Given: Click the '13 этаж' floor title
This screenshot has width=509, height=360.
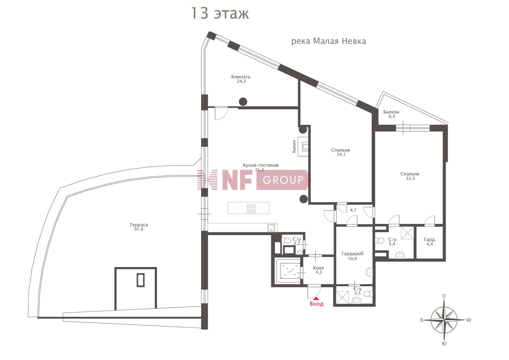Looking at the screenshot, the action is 220,14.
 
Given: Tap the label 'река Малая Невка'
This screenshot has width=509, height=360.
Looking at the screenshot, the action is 328,41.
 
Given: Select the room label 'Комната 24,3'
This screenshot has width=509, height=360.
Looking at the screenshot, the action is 241,79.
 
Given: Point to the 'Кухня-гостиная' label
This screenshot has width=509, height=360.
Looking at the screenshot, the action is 261,165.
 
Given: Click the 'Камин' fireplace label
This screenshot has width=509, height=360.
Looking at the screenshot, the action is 294,146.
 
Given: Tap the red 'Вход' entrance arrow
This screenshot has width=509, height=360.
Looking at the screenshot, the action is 316,299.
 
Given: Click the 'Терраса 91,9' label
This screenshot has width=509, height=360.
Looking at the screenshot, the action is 139,227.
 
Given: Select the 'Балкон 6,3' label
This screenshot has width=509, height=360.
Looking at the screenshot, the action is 391,114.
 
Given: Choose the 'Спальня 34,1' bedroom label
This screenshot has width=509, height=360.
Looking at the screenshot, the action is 341,152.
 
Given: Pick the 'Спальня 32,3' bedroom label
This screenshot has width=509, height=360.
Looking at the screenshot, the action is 410,176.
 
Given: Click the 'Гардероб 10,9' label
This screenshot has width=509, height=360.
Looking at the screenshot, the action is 353,256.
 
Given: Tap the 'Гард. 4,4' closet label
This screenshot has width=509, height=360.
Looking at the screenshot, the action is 430,242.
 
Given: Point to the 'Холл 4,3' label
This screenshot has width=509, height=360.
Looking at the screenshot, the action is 318,270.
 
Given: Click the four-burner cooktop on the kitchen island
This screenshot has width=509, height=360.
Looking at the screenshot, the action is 251,209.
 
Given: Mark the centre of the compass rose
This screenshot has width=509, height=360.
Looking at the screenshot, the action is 444,320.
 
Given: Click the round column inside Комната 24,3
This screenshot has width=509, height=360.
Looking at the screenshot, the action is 243,102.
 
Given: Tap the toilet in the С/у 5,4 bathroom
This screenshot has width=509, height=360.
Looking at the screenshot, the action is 380,241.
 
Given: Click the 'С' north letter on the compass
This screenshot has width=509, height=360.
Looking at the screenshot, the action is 444,296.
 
